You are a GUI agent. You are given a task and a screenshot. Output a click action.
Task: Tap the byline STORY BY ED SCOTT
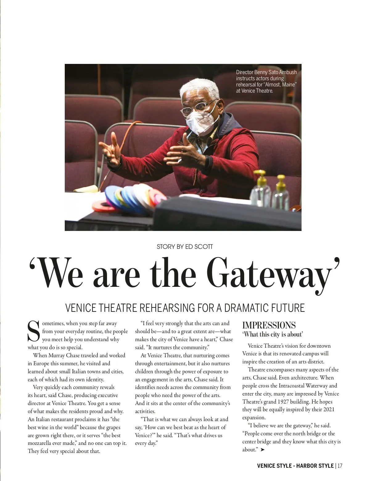(x=185, y=247)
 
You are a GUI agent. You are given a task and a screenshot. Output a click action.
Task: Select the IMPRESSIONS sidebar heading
(x=269, y=325)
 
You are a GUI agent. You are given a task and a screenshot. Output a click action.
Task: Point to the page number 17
(x=340, y=466)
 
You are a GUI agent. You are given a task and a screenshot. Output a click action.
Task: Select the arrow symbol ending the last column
(x=262, y=450)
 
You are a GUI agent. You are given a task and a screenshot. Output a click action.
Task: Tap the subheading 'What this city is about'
(x=273, y=334)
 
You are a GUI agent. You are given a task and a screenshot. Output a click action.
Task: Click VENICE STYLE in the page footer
(x=274, y=466)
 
